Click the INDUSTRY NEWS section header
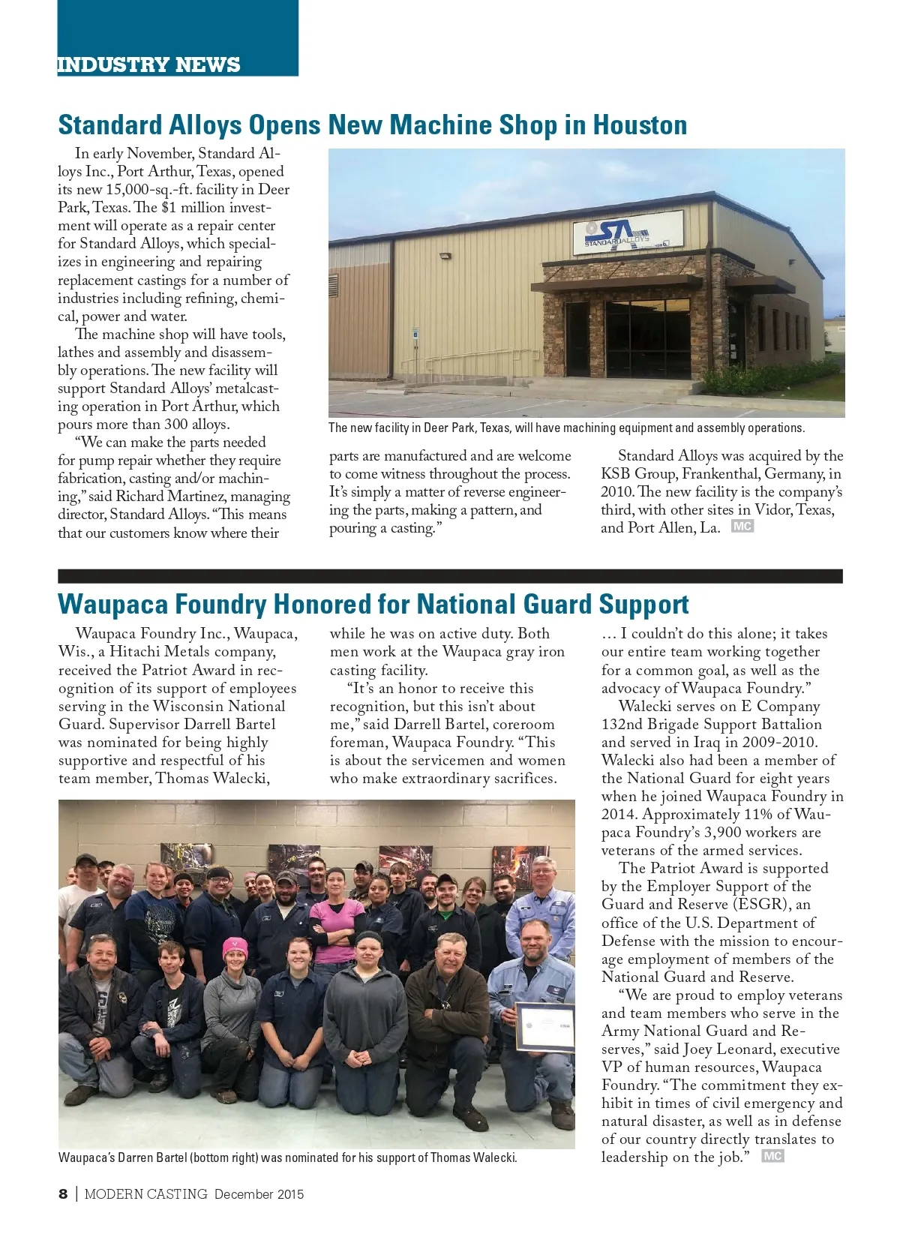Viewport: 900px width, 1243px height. pos(148,65)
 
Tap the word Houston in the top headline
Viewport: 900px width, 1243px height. pos(640,125)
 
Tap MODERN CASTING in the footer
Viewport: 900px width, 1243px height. pos(145,1194)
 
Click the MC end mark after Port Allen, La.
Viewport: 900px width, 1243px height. pos(742,527)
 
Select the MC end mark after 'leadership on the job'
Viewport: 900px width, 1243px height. pos(772,1156)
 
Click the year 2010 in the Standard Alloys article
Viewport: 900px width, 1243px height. pos(617,492)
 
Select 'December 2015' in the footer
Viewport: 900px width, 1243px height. pos(259,1194)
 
